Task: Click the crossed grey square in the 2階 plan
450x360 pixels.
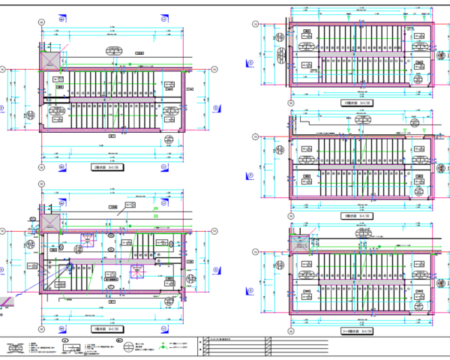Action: click(51, 58)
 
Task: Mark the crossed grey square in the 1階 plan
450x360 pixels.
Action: click(51, 223)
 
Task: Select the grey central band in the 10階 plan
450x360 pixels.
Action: click(356, 52)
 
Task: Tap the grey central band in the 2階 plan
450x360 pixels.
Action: click(112, 98)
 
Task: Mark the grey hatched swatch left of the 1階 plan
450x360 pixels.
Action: click(6, 301)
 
